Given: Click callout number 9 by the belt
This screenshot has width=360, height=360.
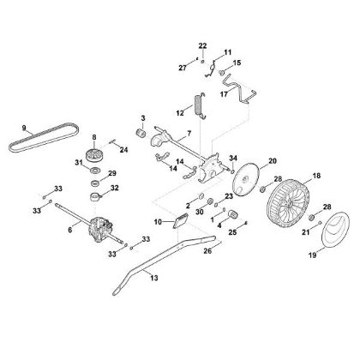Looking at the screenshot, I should tap(25, 128).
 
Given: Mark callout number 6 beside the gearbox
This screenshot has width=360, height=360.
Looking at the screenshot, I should tap(70, 231).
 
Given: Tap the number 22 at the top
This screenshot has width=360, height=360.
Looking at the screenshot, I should tap(203, 44).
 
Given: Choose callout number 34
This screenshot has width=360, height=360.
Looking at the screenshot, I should tap(232, 158).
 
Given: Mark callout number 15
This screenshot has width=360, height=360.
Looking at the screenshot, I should tap(237, 63).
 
